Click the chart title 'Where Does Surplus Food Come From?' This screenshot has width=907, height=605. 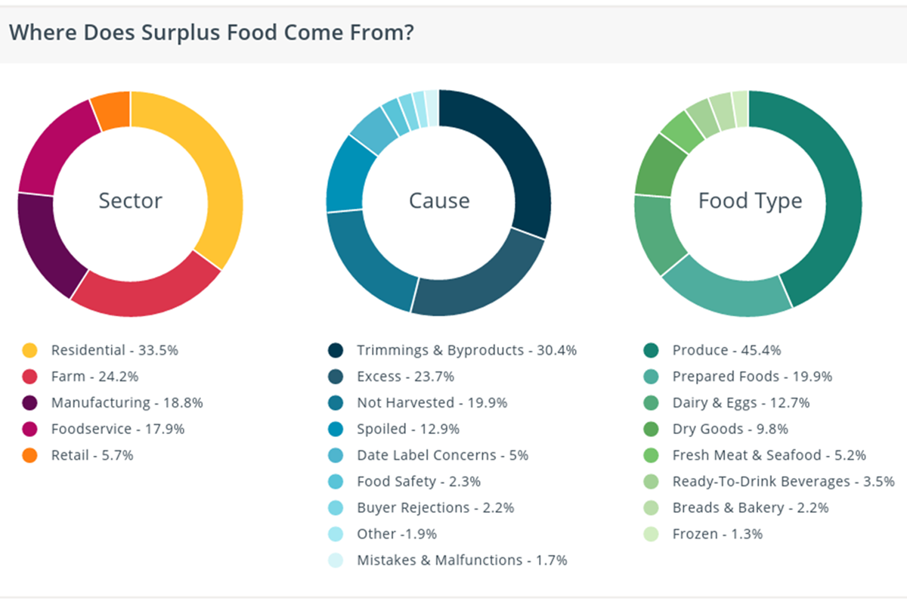tap(212, 33)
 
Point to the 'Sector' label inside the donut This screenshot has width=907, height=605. tap(130, 201)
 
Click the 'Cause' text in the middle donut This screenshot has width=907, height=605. tap(439, 201)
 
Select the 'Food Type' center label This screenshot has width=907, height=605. tap(750, 201)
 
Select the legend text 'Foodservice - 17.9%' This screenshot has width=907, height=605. tap(117, 429)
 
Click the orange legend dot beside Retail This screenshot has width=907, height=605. tap(29, 455)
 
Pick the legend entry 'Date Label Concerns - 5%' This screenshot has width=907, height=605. tap(442, 455)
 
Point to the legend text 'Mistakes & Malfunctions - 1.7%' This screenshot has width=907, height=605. tap(462, 560)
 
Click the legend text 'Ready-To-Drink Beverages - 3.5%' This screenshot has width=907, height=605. tap(783, 481)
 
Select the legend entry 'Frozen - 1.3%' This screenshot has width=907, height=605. tap(717, 534)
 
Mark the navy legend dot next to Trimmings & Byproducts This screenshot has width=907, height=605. tap(335, 350)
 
